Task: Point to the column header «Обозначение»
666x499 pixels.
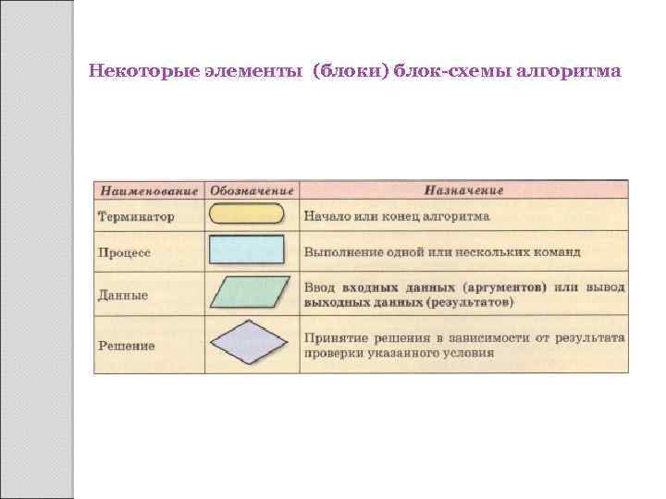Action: [252, 191]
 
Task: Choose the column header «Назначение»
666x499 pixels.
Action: [463, 191]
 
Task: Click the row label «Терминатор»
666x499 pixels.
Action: [136, 217]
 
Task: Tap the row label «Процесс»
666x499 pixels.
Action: [125, 251]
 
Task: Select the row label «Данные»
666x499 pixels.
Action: [123, 295]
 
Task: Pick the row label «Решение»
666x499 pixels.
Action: [127, 346]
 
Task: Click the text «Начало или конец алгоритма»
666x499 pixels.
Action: [396, 216]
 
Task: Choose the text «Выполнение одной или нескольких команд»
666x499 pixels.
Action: [441, 251]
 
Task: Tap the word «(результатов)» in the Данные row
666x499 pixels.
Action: [470, 302]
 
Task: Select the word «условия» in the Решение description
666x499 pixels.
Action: [468, 353]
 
